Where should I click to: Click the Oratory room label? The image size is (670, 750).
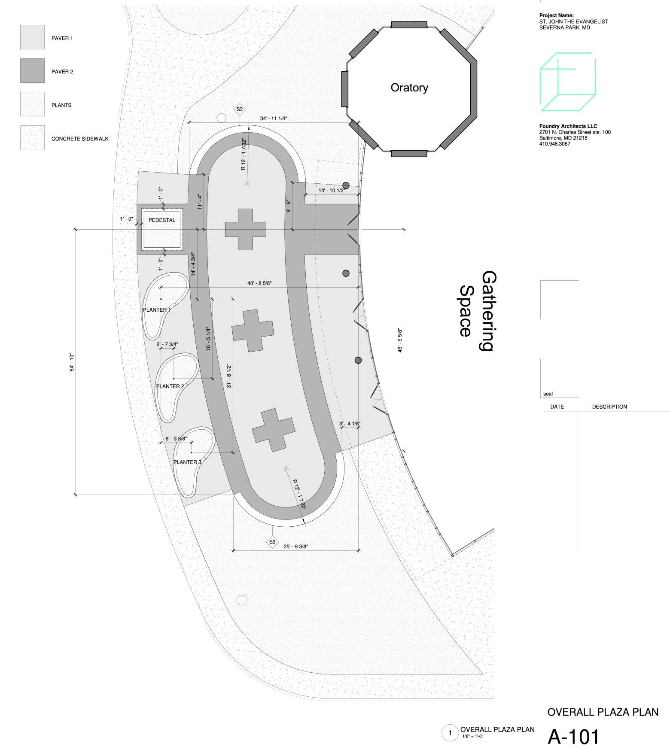tap(409, 88)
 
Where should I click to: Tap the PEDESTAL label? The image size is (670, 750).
tap(162, 220)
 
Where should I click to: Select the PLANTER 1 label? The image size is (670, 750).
tap(157, 310)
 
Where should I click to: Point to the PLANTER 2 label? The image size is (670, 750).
tap(170, 386)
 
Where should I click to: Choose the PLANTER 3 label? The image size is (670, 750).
tap(187, 462)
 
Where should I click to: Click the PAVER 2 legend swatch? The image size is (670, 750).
tap(32, 71)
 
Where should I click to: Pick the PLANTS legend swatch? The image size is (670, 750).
tap(32, 104)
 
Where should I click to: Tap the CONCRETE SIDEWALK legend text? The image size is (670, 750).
tap(80, 139)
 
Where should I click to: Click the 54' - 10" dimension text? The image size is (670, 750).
tap(72, 362)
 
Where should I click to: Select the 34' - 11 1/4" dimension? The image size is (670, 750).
tap(274, 118)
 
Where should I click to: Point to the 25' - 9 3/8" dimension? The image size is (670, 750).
tap(296, 547)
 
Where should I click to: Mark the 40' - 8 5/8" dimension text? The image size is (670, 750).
tap(259, 283)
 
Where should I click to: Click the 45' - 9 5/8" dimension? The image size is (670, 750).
tap(400, 340)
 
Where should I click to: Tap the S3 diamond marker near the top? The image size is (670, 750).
tap(240, 109)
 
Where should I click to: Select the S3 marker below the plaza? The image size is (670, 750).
tap(272, 542)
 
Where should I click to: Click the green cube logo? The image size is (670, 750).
tap(568, 82)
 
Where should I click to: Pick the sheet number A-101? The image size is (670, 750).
tap(573, 737)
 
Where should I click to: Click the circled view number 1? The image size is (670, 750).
tap(450, 733)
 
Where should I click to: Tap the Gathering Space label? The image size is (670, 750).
tap(477, 311)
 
